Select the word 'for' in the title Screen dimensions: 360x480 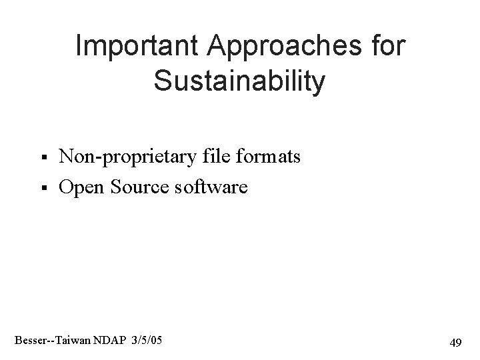coord(387,47)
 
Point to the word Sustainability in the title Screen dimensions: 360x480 coord(239,81)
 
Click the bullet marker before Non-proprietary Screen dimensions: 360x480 coord(43,158)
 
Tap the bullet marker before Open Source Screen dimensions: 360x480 coord(43,189)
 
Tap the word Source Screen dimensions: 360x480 coord(137,188)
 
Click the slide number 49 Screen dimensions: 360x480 coord(455,343)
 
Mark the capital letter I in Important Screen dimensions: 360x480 coord(79,47)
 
